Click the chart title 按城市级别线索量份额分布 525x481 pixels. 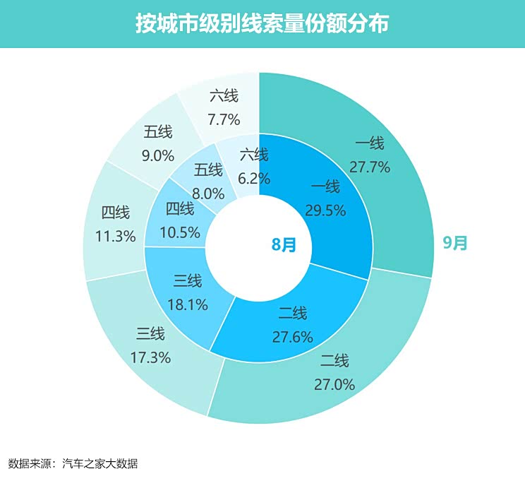click(x=262, y=23)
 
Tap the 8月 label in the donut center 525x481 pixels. click(x=284, y=244)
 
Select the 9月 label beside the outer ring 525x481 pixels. click(x=455, y=243)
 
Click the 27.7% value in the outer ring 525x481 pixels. click(x=370, y=167)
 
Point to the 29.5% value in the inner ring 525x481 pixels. click(x=325, y=210)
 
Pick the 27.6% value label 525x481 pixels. click(x=292, y=336)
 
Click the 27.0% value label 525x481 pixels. click(x=334, y=384)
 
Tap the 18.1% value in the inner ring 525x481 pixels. click(x=188, y=304)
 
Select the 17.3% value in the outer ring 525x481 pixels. click(x=150, y=357)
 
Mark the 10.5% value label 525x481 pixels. click(x=180, y=232)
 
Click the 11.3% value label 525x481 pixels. click(x=115, y=236)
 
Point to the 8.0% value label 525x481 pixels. click(x=208, y=193)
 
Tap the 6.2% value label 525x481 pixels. click(x=254, y=179)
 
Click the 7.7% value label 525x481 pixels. click(x=224, y=118)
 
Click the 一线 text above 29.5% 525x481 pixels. click(x=325, y=187)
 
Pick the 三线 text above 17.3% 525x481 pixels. click(x=150, y=334)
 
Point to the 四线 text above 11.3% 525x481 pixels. click(x=115, y=213)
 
